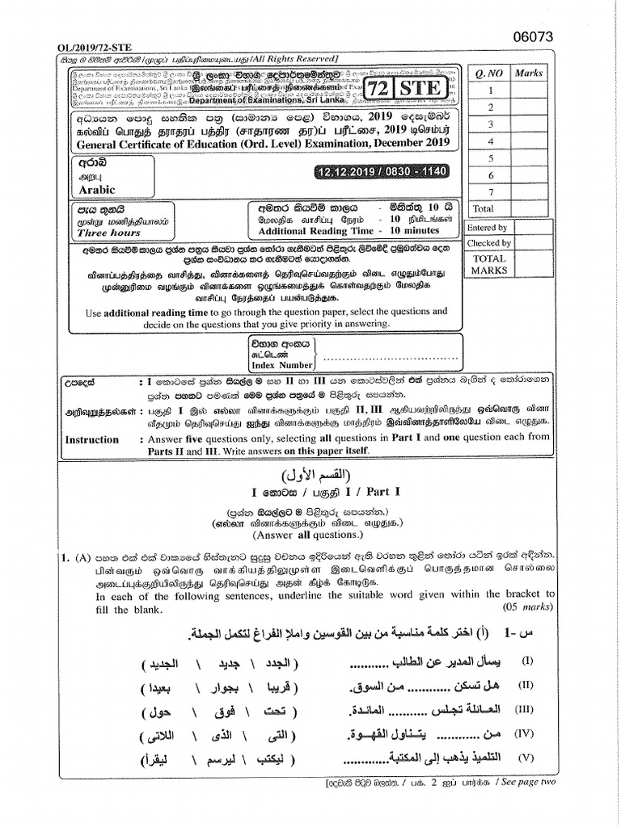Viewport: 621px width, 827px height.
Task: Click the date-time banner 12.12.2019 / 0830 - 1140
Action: (x=379, y=172)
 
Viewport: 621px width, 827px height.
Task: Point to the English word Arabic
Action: (x=97, y=191)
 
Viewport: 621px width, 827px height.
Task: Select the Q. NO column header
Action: (x=489, y=73)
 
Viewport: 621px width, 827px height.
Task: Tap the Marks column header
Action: (x=530, y=73)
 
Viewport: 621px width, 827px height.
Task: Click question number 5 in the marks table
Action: (x=490, y=158)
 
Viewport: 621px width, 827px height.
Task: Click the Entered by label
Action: (x=488, y=229)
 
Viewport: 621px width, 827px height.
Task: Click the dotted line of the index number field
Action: (x=384, y=355)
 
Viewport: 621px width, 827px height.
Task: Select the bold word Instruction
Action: (x=91, y=439)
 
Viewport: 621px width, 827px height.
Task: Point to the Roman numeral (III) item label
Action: (x=527, y=710)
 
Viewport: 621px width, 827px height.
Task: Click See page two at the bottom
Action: (x=526, y=782)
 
